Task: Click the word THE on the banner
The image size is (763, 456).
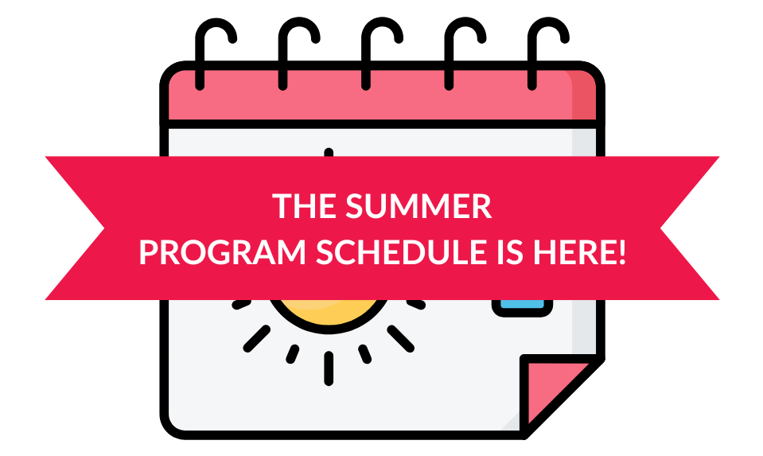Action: [x=304, y=206]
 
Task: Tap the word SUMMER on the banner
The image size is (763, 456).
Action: [x=418, y=206]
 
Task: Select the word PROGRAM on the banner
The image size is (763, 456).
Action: [x=223, y=252]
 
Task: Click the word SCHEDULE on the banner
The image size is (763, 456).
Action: [x=402, y=252]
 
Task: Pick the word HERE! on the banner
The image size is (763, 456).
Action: [x=579, y=252]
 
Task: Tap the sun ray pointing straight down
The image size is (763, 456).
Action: [x=329, y=369]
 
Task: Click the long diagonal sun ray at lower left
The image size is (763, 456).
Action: [x=256, y=339]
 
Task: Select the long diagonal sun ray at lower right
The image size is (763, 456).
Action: [x=400, y=339]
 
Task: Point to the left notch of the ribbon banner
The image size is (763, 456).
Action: [x=104, y=228]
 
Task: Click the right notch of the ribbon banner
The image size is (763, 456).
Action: [x=660, y=228]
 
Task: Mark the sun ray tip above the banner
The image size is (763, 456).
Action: [x=329, y=151]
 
